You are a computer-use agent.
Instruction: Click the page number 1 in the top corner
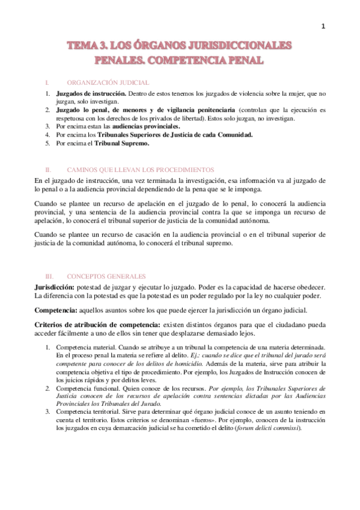click(x=323, y=26)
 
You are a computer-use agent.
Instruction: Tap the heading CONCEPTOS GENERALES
click(x=106, y=277)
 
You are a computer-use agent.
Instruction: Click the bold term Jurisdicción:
click(x=56, y=287)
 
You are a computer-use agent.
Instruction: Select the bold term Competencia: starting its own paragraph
click(x=56, y=310)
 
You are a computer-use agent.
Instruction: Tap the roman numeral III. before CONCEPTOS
click(x=49, y=277)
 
